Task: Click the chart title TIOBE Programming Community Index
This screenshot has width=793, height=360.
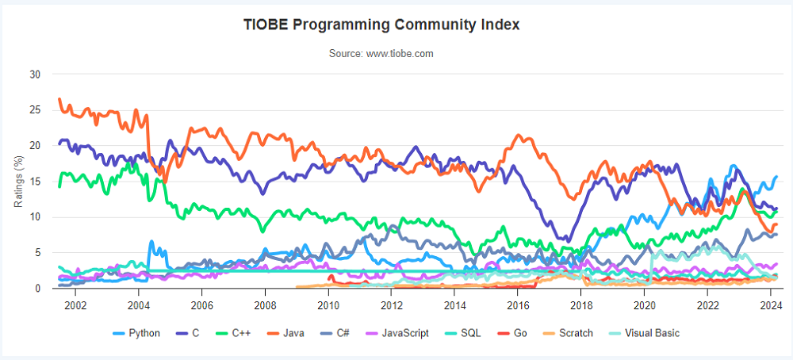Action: click(x=381, y=25)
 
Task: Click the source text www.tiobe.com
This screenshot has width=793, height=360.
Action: click(x=381, y=53)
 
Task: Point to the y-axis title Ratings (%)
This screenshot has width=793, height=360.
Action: click(x=19, y=182)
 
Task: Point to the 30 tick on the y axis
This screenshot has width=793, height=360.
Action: click(x=35, y=74)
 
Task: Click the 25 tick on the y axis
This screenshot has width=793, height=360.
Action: click(x=35, y=109)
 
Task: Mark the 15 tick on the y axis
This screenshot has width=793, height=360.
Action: click(x=35, y=181)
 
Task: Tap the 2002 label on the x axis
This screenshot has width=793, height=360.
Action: click(x=75, y=304)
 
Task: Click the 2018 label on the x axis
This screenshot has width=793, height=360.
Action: click(x=581, y=304)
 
